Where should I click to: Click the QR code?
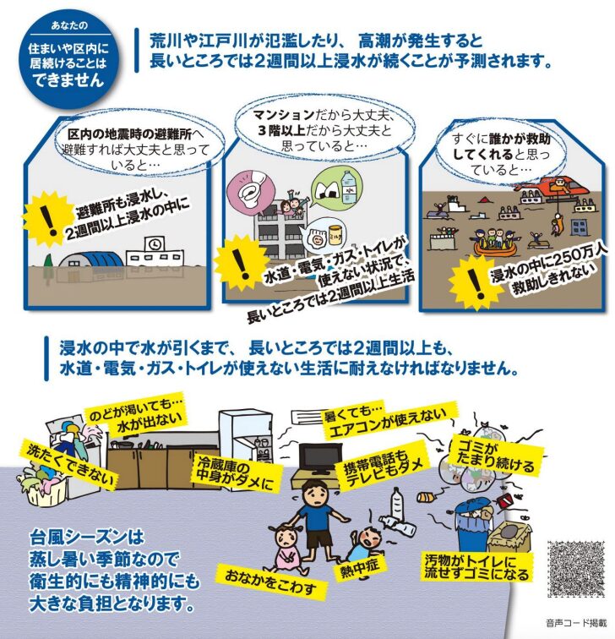(x=576, y=569)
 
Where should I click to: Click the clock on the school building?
(x=155, y=244)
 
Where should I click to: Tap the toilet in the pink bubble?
(x=249, y=192)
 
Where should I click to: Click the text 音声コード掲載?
(x=576, y=623)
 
